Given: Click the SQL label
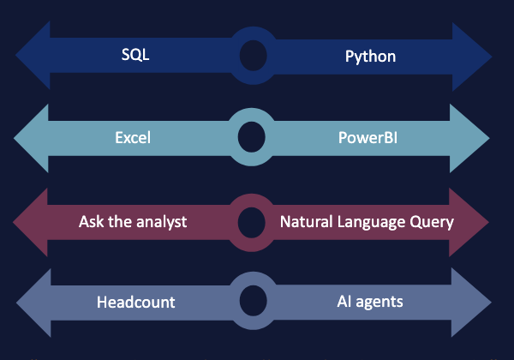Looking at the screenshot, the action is [135, 54].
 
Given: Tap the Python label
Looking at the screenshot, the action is [370, 57].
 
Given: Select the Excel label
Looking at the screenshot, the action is [133, 138].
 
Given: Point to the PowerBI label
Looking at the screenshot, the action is [368, 138].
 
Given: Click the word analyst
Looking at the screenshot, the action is [162, 222].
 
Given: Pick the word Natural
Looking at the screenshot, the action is [307, 222].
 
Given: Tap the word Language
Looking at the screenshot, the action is [371, 223].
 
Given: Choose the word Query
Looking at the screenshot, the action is [432, 223].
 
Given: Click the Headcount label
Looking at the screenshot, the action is [136, 303].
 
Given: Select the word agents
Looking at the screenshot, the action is [380, 302].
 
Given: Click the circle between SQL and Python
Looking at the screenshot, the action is [253, 56].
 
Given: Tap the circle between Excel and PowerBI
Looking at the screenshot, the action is [251, 137].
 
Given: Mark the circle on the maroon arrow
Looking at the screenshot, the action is [251, 223].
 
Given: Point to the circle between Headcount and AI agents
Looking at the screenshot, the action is [253, 301].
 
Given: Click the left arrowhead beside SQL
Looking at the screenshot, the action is [33, 55].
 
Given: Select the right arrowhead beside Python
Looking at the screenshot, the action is [472, 57].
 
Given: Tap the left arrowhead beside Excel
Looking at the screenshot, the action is [31, 138].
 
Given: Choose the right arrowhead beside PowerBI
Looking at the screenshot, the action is [469, 138].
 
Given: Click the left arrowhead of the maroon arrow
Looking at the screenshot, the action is [30, 222].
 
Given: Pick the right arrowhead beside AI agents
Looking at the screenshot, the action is [471, 303].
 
